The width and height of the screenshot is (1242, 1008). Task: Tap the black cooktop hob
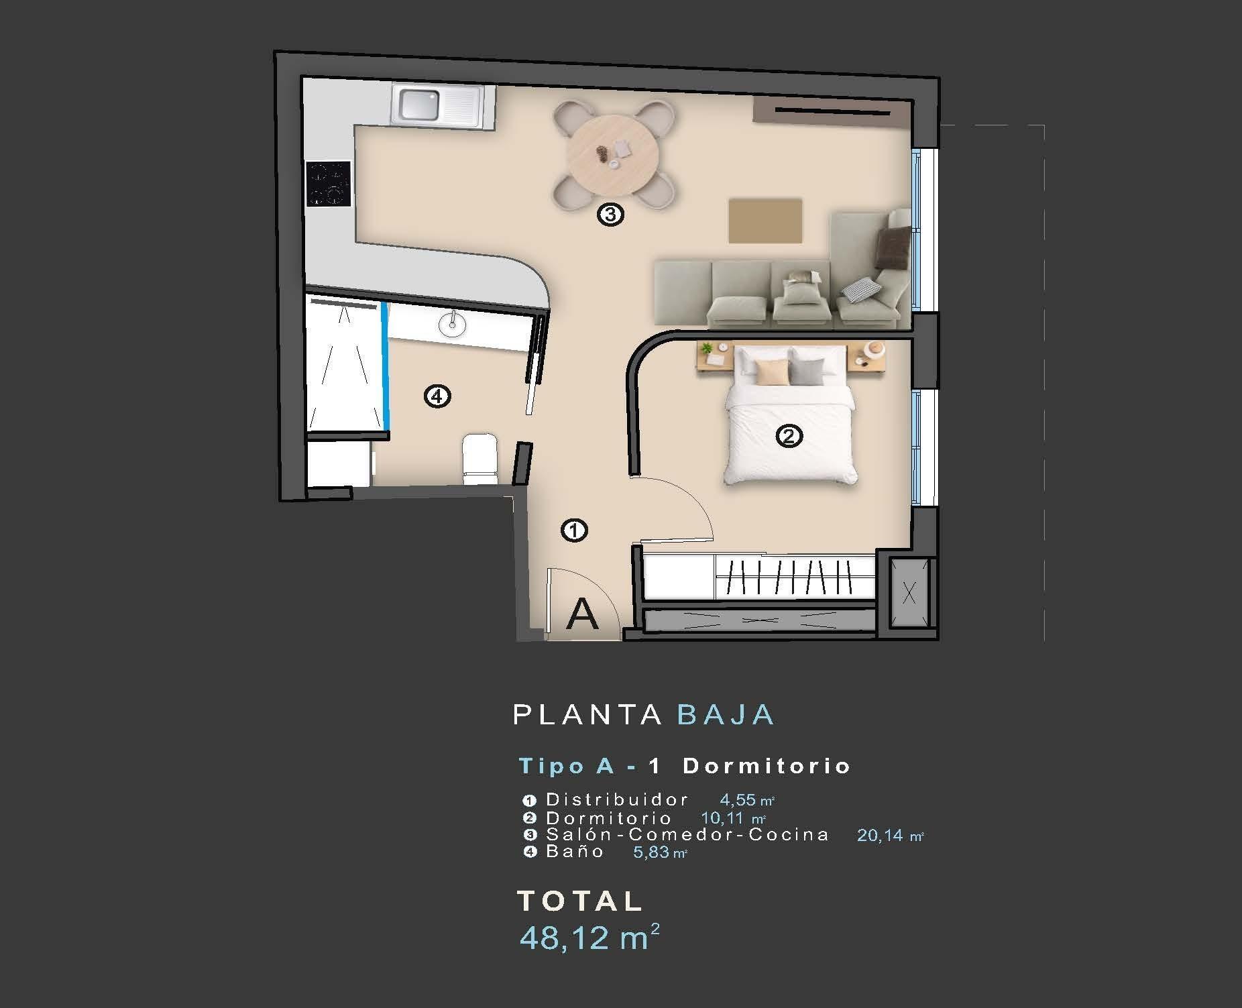pos(329,184)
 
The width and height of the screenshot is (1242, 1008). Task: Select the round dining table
pos(612,154)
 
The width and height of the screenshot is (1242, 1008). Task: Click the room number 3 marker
pos(610,215)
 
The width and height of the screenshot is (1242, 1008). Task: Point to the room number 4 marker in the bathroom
pos(437,397)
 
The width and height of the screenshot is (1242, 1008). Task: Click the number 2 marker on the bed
pos(789,437)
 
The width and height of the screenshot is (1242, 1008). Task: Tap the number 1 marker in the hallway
pos(574,530)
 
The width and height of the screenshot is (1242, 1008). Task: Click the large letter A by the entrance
pos(581,614)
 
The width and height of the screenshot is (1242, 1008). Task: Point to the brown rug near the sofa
pos(765,221)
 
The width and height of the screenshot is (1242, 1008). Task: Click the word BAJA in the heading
pos(726,715)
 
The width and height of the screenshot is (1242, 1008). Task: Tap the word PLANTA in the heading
pos(587,715)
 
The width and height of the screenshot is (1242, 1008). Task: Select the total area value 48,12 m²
pos(589,938)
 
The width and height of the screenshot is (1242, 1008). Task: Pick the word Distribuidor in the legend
pos(617,799)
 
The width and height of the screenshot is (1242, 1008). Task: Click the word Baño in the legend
pos(575,852)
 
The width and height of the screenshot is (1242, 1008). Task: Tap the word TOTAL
pos(580,901)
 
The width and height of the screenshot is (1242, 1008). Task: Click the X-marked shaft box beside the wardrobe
pos(909,592)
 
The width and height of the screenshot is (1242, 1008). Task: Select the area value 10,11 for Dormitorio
pos(723,818)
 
